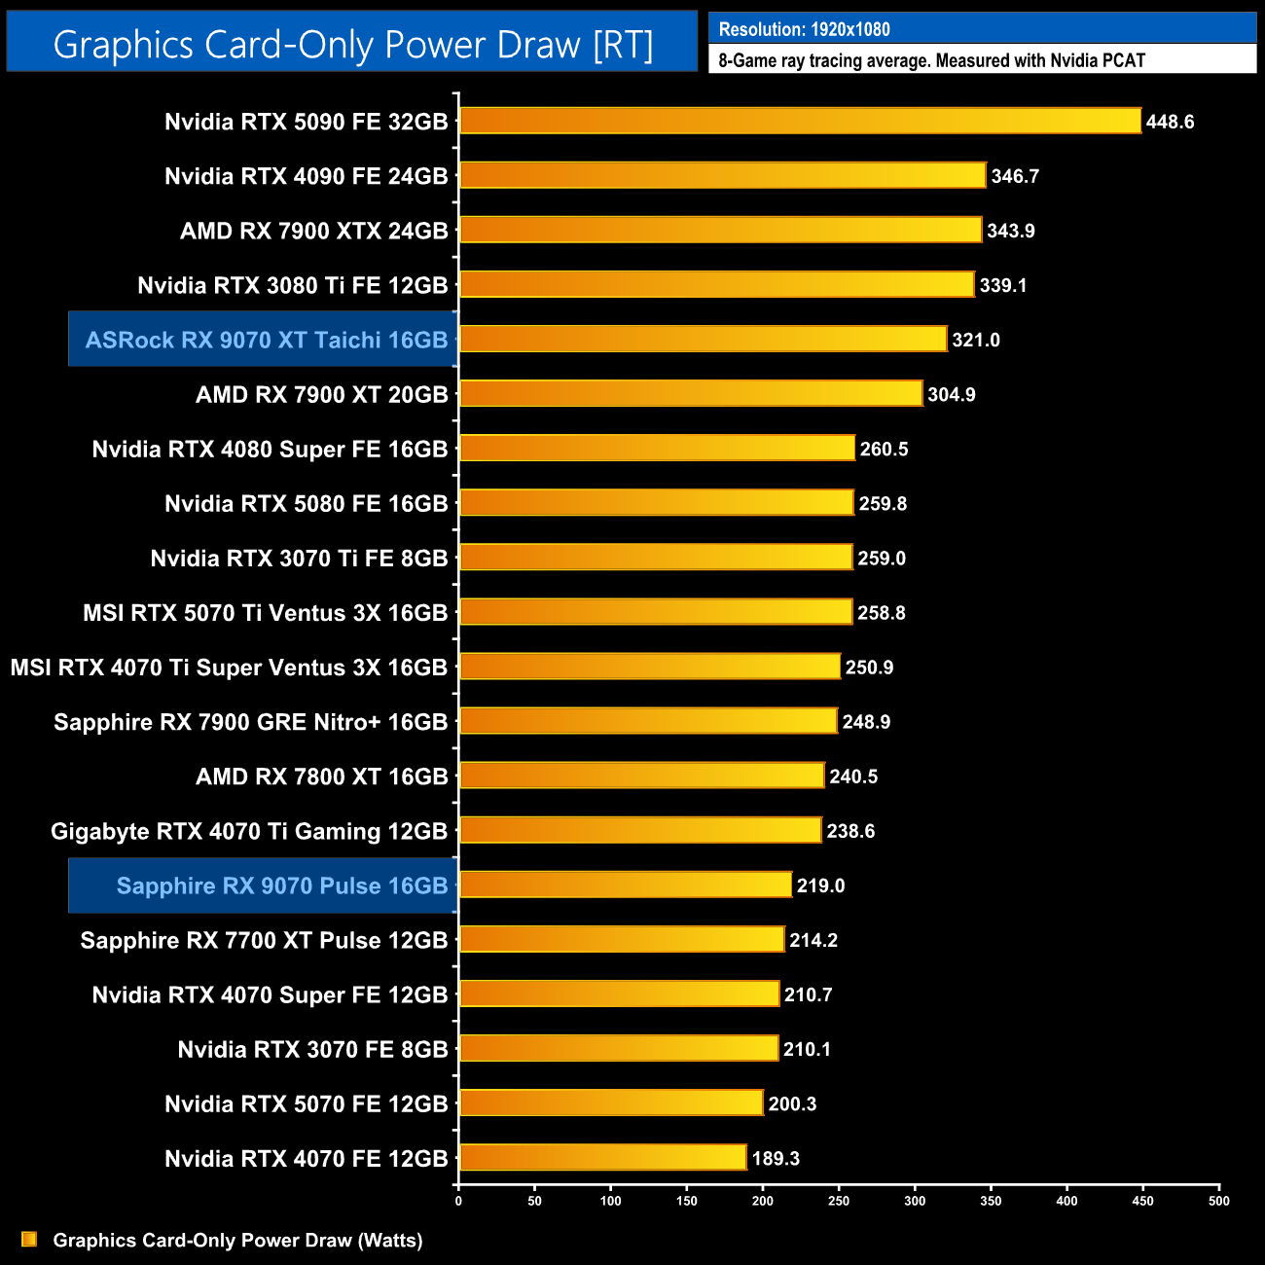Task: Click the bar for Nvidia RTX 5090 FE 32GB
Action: pos(800,121)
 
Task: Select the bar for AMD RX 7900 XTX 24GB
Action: pos(720,230)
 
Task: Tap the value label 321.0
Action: pos(976,340)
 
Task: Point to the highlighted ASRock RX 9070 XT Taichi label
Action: pos(266,340)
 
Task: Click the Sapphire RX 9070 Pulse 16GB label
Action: pos(281,885)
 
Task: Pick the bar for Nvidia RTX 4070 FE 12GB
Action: pos(602,1157)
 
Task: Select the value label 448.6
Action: pos(1170,122)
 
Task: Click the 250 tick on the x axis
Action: pos(839,1201)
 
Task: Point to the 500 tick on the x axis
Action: pos(1219,1201)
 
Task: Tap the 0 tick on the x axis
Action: pos(458,1201)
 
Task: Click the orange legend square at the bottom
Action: pos(29,1239)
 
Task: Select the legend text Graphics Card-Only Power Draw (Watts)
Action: pos(237,1240)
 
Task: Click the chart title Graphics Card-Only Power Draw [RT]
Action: pos(352,45)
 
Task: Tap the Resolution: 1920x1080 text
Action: pos(804,29)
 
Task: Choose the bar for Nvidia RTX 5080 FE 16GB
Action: pos(656,502)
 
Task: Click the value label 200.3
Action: pos(792,1103)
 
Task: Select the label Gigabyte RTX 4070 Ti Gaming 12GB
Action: pos(249,831)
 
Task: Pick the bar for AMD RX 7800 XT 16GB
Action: pos(641,776)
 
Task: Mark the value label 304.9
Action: pos(951,394)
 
